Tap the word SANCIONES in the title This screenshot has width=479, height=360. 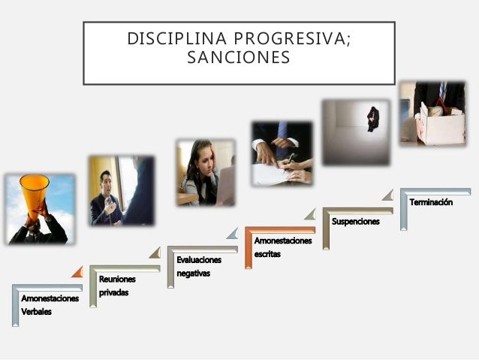point(239,58)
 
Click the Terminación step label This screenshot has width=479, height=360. point(431,202)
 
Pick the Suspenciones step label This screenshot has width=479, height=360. point(356,222)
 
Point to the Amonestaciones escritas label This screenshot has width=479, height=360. point(282,247)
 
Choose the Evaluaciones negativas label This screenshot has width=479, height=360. point(199,266)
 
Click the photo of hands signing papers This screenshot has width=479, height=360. point(282,153)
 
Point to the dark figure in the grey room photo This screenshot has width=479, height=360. point(372,118)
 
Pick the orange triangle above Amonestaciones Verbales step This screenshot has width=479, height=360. point(77,271)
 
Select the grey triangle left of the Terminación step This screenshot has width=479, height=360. point(387,195)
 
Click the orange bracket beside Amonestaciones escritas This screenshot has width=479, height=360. point(249,247)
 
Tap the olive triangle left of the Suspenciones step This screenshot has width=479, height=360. point(310,214)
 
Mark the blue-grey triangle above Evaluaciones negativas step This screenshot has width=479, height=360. point(232,233)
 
